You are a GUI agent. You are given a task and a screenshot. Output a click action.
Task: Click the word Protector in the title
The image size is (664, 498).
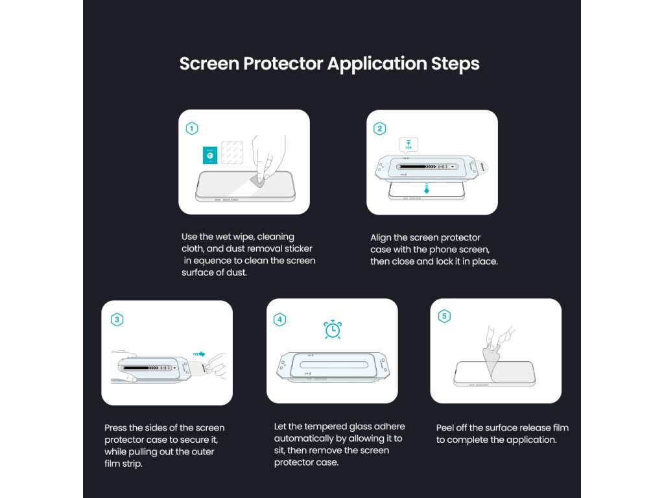283,64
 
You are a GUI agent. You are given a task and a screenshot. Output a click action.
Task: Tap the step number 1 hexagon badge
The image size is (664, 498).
192,128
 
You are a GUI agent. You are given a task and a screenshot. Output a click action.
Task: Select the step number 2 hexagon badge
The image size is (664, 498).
379,128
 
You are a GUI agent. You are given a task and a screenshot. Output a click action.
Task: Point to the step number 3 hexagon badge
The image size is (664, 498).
117,319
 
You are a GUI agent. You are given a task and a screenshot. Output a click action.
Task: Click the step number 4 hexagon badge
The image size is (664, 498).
279,319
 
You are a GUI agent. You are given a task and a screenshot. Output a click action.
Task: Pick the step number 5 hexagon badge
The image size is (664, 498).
444,316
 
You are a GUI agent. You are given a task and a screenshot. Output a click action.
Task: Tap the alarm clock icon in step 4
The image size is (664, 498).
333,329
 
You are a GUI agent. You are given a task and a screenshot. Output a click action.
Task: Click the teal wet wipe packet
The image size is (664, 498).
210,155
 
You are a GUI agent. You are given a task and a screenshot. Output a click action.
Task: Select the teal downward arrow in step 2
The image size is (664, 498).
427,189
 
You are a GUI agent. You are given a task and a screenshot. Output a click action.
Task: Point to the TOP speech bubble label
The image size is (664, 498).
409,145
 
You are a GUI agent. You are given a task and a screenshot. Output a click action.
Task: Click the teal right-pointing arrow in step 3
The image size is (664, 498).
199,354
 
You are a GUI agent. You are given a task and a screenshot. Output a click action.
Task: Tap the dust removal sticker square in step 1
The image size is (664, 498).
232,152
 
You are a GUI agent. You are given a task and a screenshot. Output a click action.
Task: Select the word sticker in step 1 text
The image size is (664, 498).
298,248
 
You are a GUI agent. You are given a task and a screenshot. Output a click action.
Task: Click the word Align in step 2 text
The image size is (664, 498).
381,238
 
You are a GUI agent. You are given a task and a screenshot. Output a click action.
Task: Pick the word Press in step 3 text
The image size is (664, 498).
115,428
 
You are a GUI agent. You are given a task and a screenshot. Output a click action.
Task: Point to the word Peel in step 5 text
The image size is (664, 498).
445,428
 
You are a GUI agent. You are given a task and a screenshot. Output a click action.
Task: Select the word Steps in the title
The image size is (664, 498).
455,64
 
